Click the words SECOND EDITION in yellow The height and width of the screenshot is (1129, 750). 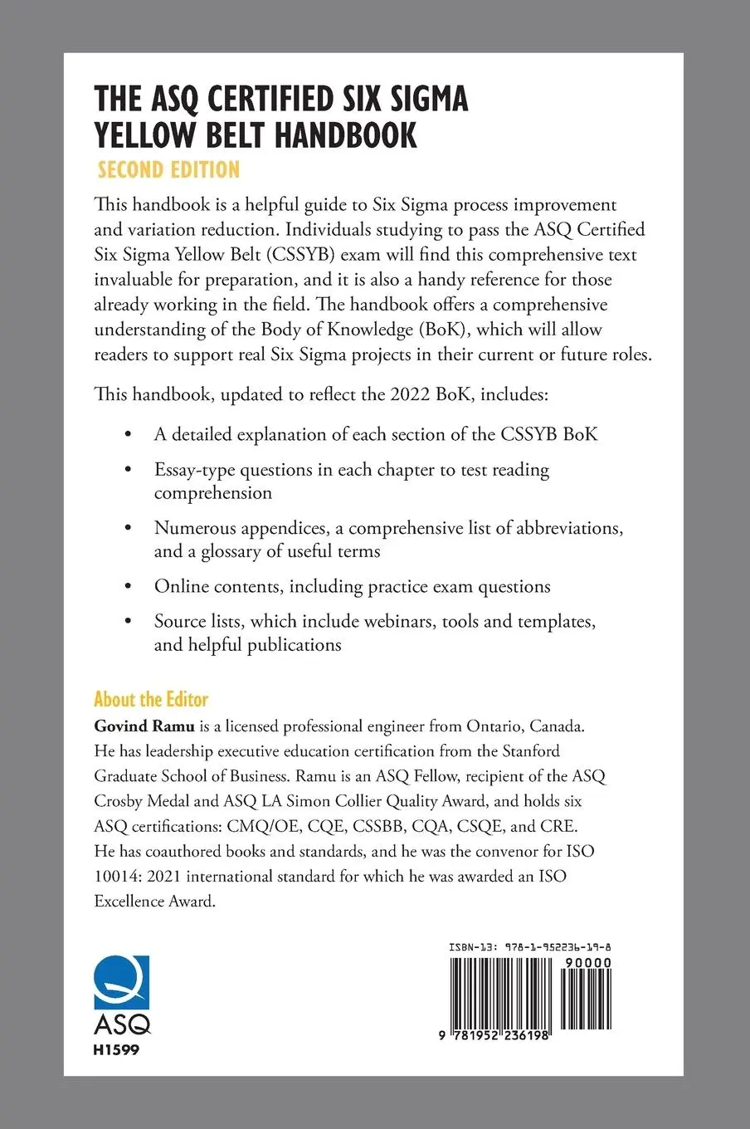point(168,170)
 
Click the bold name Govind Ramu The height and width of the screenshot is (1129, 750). point(144,726)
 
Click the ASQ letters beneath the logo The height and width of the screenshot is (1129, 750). point(122,1023)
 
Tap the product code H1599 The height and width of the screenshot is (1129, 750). point(116,1049)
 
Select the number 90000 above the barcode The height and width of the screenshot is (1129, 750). point(587,963)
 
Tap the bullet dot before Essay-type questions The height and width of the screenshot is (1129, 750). point(127,470)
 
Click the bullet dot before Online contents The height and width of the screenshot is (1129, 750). point(127,586)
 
